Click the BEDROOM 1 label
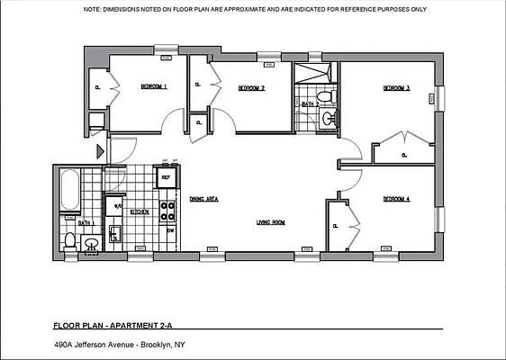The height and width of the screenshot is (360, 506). click(153, 87)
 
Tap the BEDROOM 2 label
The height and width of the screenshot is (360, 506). click(250, 88)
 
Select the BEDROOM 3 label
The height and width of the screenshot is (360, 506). click(396, 88)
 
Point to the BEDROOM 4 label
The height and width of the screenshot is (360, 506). click(396, 198)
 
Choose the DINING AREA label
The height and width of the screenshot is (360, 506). click(204, 199)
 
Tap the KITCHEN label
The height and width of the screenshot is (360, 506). click(140, 211)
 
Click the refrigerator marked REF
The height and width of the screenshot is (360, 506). click(166, 178)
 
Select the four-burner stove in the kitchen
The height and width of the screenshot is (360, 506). click(167, 211)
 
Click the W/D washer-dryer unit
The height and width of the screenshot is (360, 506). click(115, 206)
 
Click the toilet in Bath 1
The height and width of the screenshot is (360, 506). click(69, 240)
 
